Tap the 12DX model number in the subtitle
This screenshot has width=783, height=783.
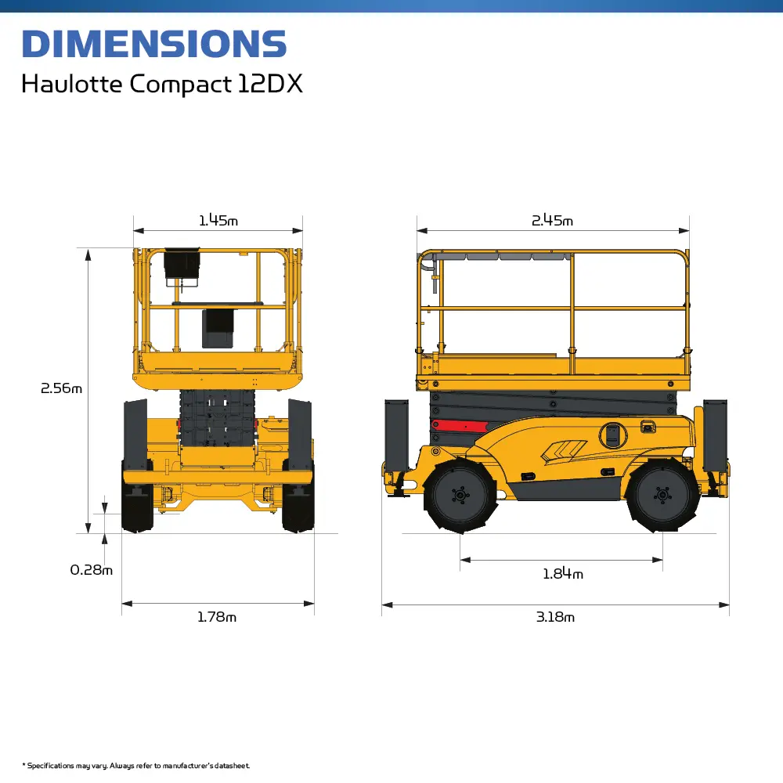pyautogui.click(x=269, y=83)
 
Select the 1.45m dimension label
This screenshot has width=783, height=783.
pyautogui.click(x=218, y=220)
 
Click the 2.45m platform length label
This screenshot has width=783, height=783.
pyautogui.click(x=552, y=220)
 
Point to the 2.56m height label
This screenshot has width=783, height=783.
pyautogui.click(x=61, y=388)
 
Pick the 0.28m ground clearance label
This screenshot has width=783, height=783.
pyautogui.click(x=92, y=570)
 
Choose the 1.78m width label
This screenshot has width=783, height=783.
pyautogui.click(x=217, y=617)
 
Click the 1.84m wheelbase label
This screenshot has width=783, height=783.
pyautogui.click(x=563, y=574)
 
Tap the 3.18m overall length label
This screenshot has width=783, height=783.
pyautogui.click(x=555, y=617)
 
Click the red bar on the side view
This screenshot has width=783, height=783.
pyautogui.click(x=460, y=426)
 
